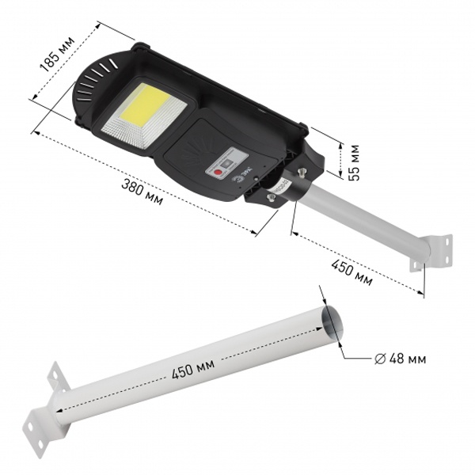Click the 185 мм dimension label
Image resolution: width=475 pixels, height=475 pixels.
[58, 54]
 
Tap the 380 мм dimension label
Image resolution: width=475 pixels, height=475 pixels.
[142, 192]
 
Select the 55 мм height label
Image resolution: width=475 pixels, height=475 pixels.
[354, 162]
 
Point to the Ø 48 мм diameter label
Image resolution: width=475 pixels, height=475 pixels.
[400, 359]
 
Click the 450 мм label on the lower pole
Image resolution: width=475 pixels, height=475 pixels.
[193, 369]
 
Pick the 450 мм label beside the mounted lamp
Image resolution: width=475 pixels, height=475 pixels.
[351, 272]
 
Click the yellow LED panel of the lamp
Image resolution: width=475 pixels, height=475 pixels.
[146, 106]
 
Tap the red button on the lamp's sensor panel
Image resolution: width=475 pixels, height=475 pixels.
[218, 173]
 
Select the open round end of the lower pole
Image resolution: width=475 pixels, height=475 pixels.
[332, 321]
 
